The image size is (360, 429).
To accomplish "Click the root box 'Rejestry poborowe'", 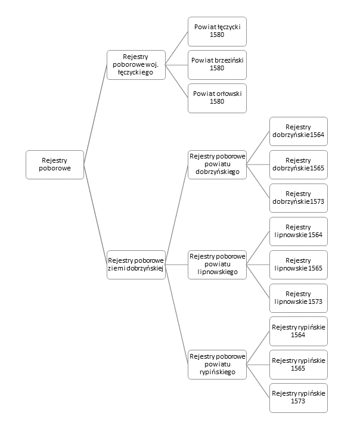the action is click(55, 164).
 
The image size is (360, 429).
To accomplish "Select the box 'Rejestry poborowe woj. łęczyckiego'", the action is click(136, 65).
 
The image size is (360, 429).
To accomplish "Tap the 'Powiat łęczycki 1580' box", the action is click(217, 32).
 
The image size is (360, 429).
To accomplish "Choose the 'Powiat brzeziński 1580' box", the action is click(217, 65).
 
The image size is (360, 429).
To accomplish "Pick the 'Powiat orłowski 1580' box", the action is click(217, 98).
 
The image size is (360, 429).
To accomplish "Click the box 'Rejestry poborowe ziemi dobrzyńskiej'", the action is click(136, 265).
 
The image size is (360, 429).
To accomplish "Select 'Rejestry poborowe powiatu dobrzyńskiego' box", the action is click(217, 164).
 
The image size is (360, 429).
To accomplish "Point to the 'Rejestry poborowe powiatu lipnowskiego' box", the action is click(217, 265).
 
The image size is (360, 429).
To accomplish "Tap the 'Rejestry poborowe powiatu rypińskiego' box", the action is click(217, 365).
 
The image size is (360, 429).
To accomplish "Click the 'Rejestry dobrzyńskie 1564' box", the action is click(299, 131).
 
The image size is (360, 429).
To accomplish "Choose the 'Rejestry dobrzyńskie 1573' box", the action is click(299, 198).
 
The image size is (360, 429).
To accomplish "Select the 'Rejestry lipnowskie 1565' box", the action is click(299, 265).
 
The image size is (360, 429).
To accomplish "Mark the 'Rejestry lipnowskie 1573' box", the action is click(299, 299).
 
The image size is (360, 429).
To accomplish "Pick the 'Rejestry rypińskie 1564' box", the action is click(299, 331).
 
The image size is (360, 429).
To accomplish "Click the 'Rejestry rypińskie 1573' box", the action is click(299, 398).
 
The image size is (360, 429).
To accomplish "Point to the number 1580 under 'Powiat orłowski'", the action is click(217, 101).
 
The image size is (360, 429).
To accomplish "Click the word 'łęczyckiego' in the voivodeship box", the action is click(135, 73).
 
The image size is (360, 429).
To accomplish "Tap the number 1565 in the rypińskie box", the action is click(298, 368).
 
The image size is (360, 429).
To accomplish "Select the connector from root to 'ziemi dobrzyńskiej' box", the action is click(95, 214).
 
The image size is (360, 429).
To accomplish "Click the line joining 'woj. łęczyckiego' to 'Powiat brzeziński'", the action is click(176, 65).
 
